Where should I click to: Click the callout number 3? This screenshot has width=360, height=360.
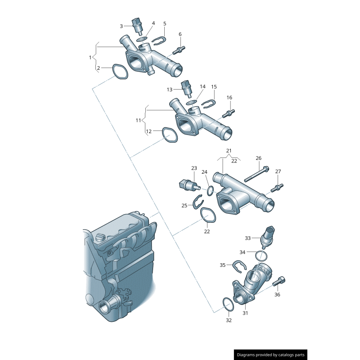pyautogui.click(x=121, y=26)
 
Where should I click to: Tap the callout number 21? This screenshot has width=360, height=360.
pyautogui.click(x=229, y=151)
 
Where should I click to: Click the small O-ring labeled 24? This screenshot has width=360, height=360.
pyautogui.click(x=211, y=191)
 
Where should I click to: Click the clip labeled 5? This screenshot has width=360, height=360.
pyautogui.click(x=158, y=41)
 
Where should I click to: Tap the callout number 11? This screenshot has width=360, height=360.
pyautogui.click(x=139, y=121)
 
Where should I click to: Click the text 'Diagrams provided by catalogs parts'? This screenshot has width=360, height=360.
pyautogui.click(x=271, y=355)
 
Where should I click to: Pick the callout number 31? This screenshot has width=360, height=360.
pyautogui.click(x=245, y=313)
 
